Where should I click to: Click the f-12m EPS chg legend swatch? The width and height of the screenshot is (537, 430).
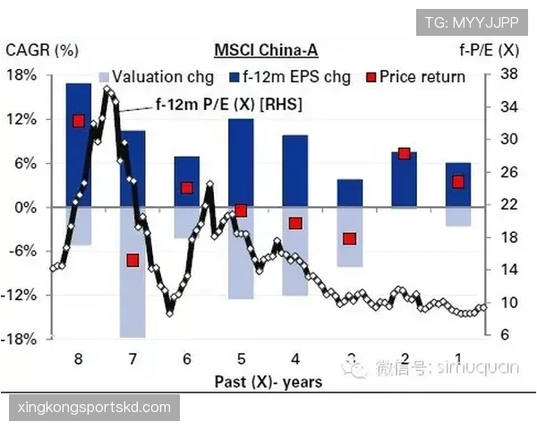(237, 77)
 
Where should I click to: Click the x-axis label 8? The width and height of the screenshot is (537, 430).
(79, 358)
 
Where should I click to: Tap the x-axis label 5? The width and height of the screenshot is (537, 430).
(242, 358)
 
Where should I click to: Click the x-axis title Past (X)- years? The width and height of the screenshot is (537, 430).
(268, 381)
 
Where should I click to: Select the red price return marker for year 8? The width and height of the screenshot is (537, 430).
(79, 121)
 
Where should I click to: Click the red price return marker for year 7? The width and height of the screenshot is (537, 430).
(132, 261)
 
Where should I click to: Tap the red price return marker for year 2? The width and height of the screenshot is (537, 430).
(404, 153)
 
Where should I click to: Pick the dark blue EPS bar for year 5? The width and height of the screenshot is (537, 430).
(242, 162)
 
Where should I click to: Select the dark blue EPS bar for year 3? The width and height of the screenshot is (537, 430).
(350, 193)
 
